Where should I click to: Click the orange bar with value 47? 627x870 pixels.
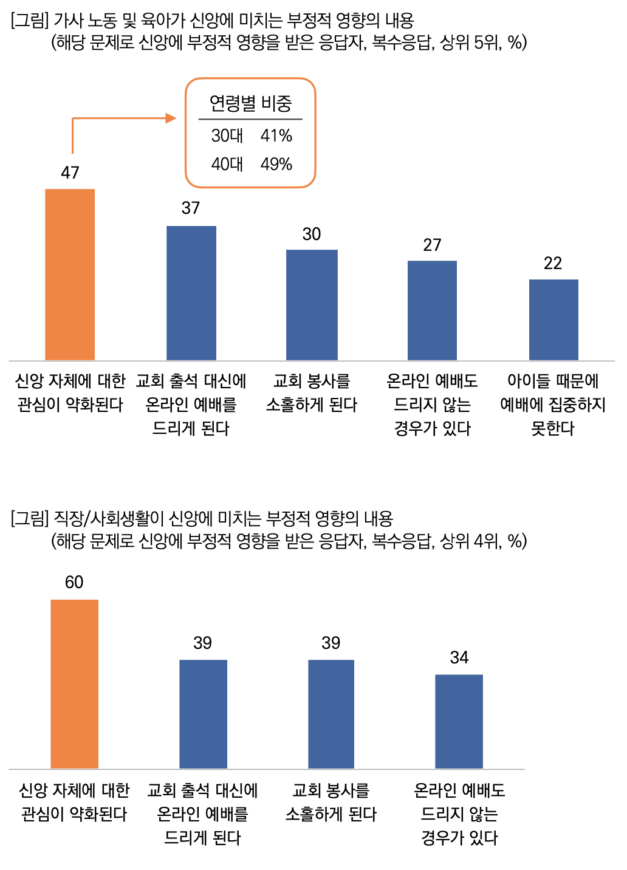(70, 275)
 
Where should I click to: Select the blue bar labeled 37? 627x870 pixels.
(191, 293)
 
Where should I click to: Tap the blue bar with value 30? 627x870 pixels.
(312, 305)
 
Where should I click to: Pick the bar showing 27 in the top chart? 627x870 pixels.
(432, 310)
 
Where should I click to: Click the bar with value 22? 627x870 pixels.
(553, 320)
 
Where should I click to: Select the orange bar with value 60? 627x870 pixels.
(74, 684)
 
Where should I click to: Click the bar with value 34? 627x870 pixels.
(459, 721)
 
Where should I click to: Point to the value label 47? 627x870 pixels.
(70, 173)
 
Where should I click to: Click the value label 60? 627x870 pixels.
(74, 583)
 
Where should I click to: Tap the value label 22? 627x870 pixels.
(553, 264)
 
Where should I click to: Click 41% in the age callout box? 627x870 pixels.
(276, 136)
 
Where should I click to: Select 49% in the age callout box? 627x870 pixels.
(276, 165)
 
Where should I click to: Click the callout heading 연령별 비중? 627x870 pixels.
(250, 104)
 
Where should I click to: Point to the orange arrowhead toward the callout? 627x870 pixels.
(171, 118)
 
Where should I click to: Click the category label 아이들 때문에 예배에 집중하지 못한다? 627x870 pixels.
(553, 405)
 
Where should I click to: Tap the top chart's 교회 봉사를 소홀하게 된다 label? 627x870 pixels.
(312, 393)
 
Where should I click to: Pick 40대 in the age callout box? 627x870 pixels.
(227, 165)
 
